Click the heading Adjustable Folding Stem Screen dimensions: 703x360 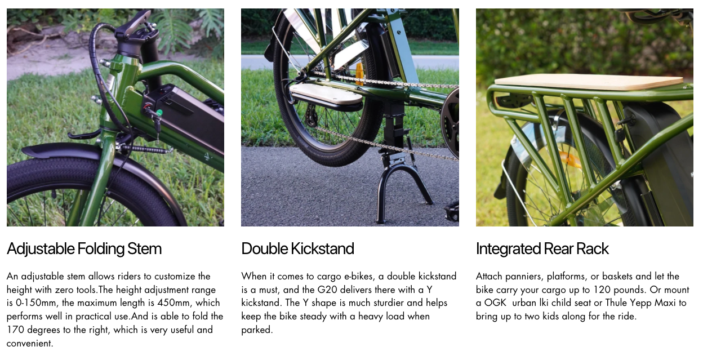(x=84, y=249)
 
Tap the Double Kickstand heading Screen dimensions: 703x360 (x=297, y=248)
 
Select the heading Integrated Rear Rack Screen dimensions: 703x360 (x=542, y=249)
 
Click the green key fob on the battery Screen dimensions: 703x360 (x=159, y=113)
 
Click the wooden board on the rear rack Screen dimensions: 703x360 (x=589, y=82)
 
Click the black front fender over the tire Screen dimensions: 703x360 (x=94, y=157)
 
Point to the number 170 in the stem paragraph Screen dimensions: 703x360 (x=15, y=330)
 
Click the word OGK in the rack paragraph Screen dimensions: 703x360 (x=495, y=303)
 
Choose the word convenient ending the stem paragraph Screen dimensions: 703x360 (x=30, y=343)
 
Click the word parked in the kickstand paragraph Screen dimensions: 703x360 (x=257, y=330)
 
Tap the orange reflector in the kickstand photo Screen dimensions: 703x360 (x=359, y=74)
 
